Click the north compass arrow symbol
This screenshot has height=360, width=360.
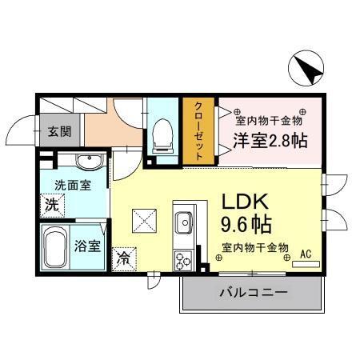(x=306, y=68)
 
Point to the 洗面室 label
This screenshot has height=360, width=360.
(x=73, y=185)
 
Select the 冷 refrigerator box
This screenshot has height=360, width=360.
(x=124, y=258)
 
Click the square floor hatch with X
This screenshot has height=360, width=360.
(x=145, y=217)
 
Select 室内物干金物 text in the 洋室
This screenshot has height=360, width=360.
(x=267, y=121)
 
